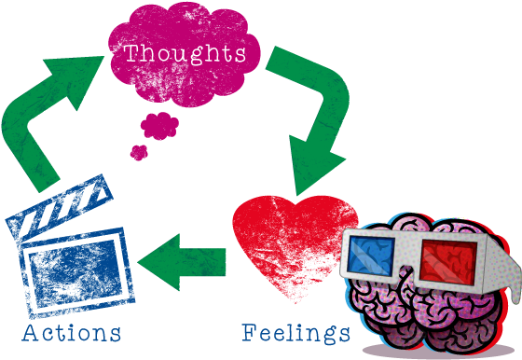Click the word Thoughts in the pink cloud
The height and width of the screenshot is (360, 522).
coord(185,52)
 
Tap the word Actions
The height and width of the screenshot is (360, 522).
coord(72,332)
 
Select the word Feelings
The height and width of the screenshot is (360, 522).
coord(296,332)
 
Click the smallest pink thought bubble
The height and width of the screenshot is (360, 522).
coord(140,151)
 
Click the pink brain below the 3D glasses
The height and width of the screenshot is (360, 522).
coord(410,308)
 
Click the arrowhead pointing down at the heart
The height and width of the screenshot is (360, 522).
coord(309,168)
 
